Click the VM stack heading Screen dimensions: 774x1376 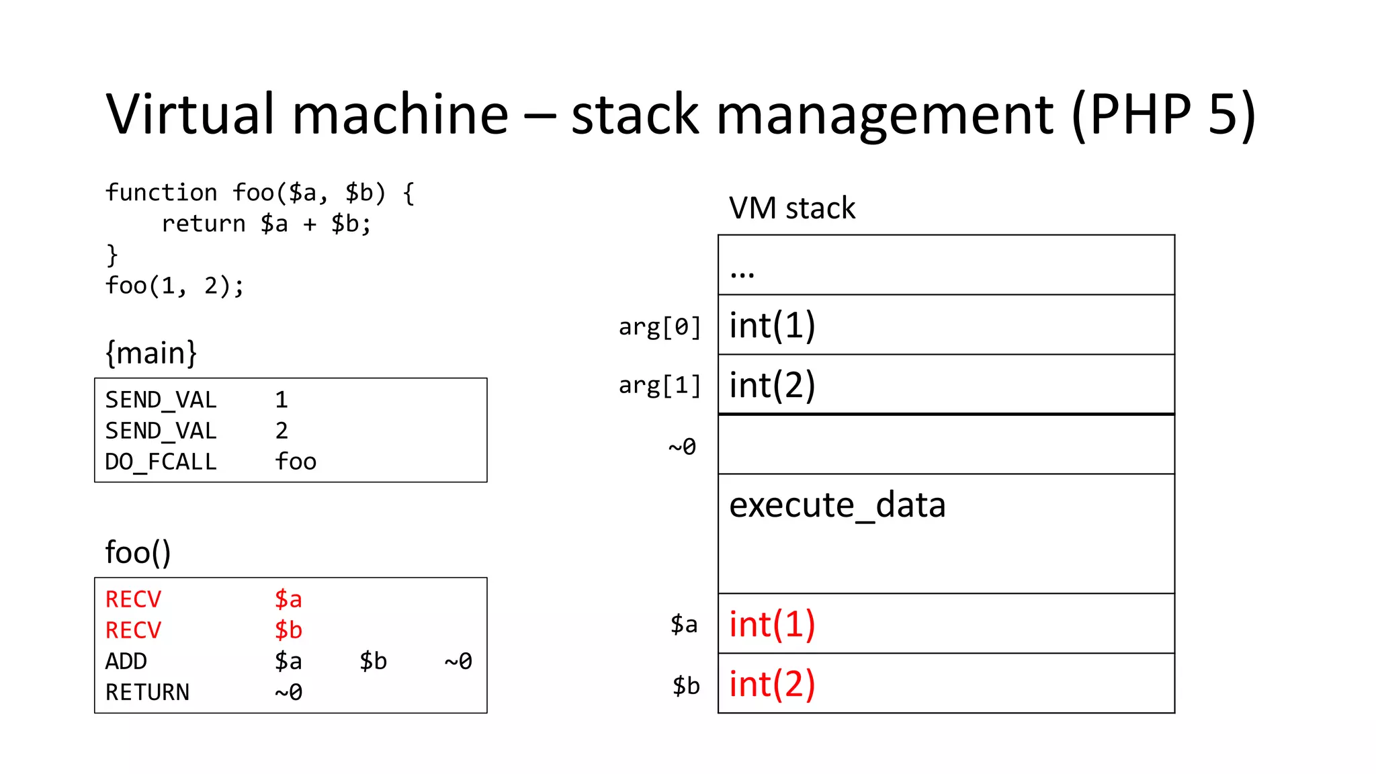[x=791, y=208]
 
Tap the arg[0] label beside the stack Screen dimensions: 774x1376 [x=659, y=327]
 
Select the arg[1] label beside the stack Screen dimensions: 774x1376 [x=659, y=386]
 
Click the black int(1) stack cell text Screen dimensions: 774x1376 [x=772, y=326]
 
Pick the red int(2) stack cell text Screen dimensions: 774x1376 [x=772, y=685]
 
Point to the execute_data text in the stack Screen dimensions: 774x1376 [x=837, y=505]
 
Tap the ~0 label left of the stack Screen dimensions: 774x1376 [x=682, y=447]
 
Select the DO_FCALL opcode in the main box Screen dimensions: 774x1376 [x=161, y=462]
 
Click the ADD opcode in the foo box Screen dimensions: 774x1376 [x=126, y=662]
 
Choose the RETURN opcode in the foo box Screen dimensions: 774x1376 [x=147, y=693]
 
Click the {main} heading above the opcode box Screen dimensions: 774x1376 [x=151, y=353]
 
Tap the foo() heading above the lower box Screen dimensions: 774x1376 [x=138, y=553]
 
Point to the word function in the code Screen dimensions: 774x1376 [x=161, y=193]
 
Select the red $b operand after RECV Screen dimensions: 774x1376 [x=288, y=631]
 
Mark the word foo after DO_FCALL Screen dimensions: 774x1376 [x=296, y=462]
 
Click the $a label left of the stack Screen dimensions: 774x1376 [x=684, y=625]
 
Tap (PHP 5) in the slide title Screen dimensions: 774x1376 [x=1163, y=114]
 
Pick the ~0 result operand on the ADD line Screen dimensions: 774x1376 [x=458, y=662]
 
